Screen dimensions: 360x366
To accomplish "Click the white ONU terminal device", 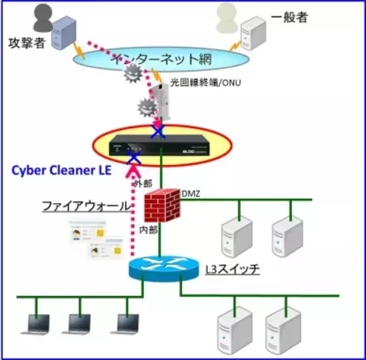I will [161, 101].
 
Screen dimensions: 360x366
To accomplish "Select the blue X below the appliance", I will [132, 159].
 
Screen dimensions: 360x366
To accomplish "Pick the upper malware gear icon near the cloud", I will [133, 75].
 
